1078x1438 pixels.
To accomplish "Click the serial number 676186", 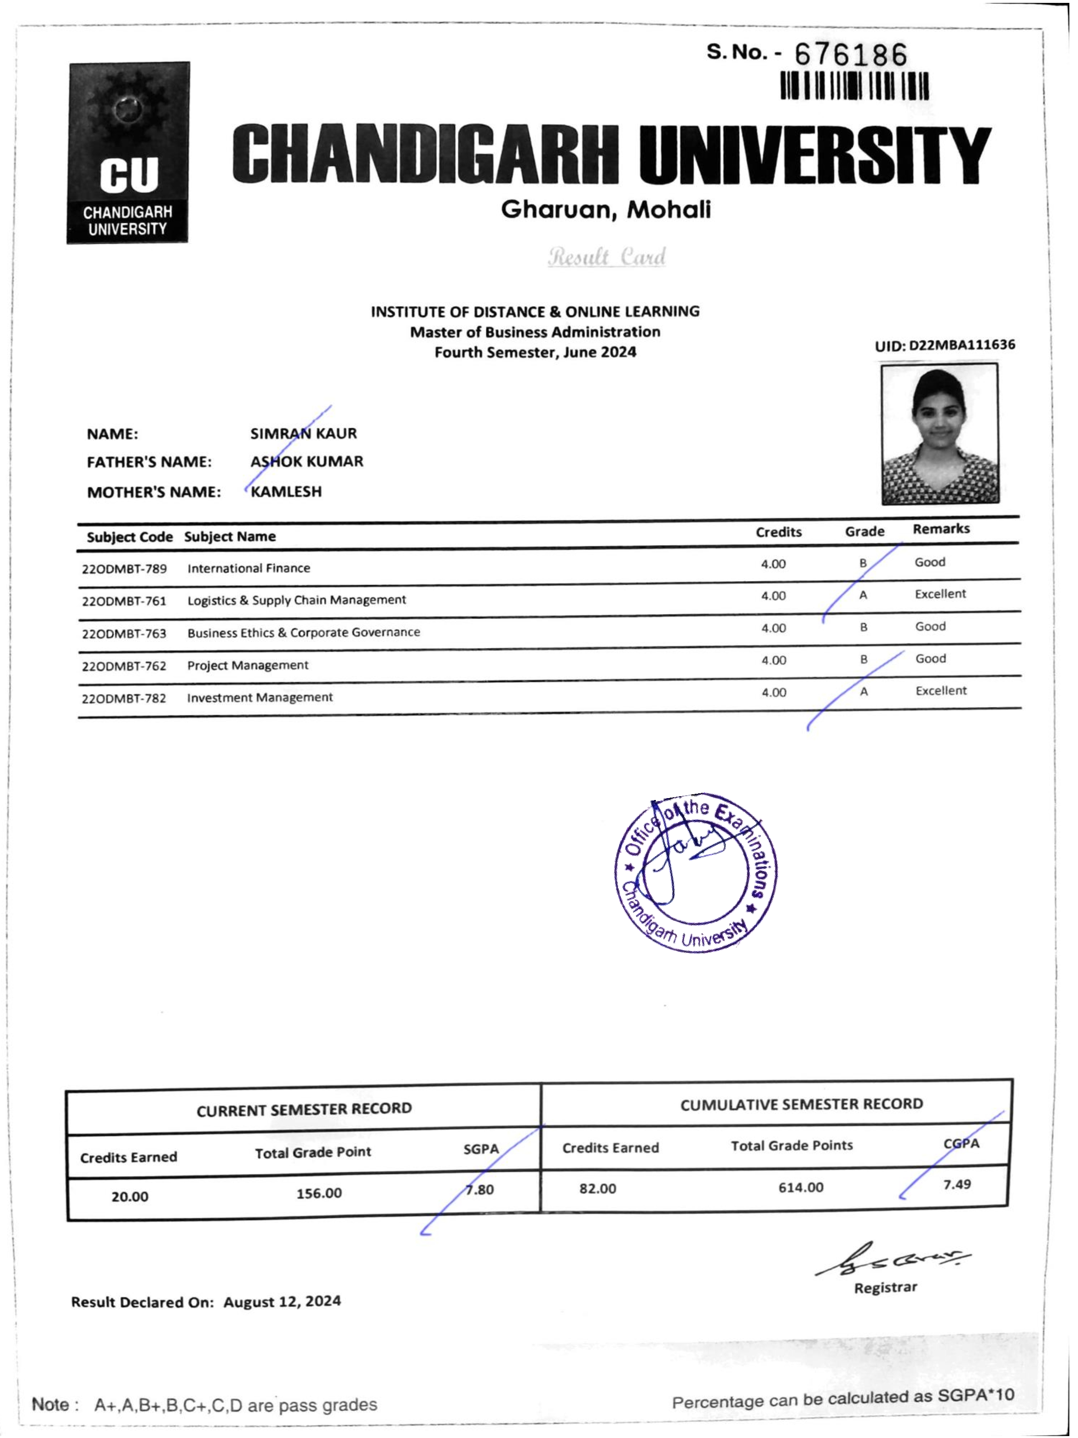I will tap(850, 55).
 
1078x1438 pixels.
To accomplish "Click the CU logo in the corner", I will tap(128, 153).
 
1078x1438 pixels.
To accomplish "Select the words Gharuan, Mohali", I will tap(606, 209).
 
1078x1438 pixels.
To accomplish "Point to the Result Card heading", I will tap(607, 257).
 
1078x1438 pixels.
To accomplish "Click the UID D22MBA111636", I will tap(944, 345).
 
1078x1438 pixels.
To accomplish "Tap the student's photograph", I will tap(939, 434).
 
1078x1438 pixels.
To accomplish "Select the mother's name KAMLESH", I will tap(286, 491).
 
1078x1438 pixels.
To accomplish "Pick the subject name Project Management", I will tap(248, 665).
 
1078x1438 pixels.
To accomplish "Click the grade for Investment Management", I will tap(863, 692).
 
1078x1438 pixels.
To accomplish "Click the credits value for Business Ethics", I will tap(773, 628).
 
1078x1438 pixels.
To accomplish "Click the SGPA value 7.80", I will tap(480, 1190).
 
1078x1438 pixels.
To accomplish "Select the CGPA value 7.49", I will tap(956, 1184).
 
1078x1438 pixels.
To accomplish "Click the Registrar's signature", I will tap(892, 1261).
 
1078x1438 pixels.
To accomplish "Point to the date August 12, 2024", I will tap(282, 1301).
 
